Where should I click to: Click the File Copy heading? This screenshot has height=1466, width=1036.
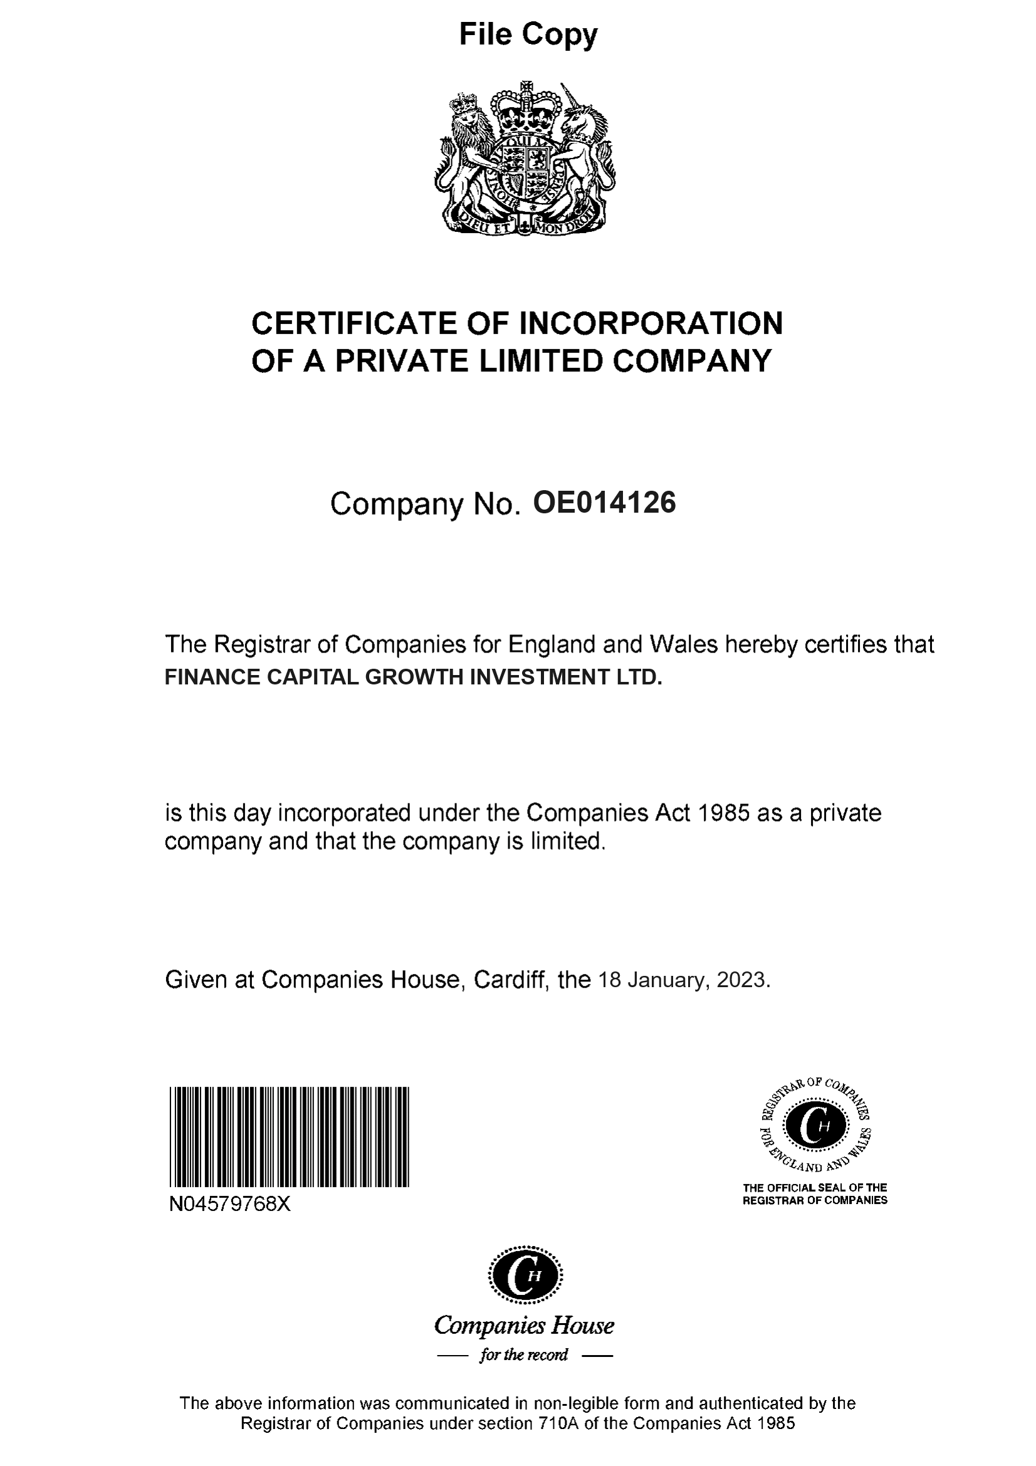click(528, 34)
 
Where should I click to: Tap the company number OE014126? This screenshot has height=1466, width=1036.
click(604, 503)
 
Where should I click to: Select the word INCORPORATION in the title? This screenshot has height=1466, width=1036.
click(651, 323)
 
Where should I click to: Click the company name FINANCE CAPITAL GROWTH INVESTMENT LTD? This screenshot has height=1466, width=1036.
click(414, 677)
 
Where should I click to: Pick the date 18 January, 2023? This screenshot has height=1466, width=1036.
click(684, 980)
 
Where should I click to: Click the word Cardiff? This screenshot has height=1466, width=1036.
click(511, 980)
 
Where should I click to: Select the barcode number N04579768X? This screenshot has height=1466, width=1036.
click(230, 1204)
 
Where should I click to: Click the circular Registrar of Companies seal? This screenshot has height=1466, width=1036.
click(815, 1126)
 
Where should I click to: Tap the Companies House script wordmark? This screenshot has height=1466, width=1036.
click(524, 1326)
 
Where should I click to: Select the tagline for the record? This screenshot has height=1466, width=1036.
click(524, 1355)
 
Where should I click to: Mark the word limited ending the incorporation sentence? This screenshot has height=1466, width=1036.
click(566, 842)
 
